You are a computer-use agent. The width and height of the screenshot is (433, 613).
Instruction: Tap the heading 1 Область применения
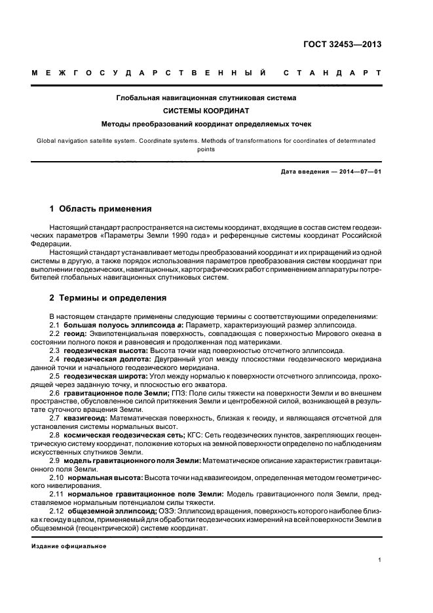(101, 209)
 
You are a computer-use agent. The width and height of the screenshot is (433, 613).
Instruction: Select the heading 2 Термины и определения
(108, 298)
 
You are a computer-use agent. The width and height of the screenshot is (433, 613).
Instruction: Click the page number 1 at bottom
(380, 560)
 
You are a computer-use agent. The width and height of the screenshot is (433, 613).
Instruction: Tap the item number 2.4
(55, 359)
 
